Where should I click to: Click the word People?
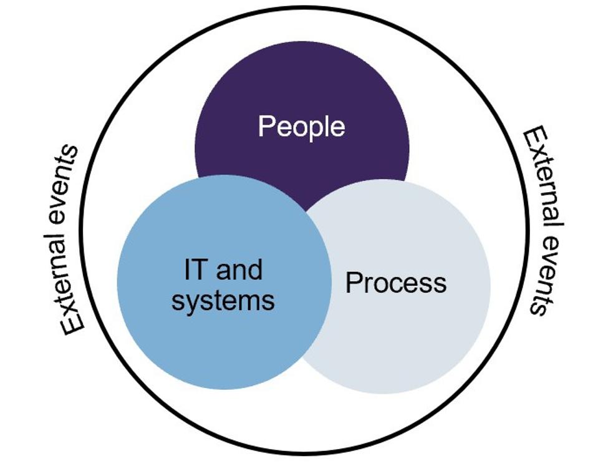click(301, 127)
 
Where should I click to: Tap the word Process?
click(396, 283)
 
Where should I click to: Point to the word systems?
click(223, 301)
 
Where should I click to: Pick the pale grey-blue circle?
click(424, 337)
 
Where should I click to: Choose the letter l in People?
click(329, 126)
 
